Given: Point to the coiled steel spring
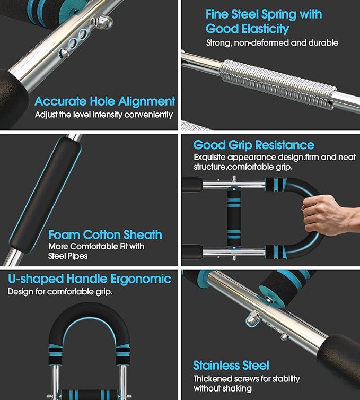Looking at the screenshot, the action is click(278, 85).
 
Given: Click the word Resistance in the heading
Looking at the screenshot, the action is click(285, 145).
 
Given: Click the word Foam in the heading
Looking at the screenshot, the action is click(64, 234).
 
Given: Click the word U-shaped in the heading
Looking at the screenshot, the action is click(36, 279).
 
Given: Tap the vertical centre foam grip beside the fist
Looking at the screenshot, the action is click(234, 219).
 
